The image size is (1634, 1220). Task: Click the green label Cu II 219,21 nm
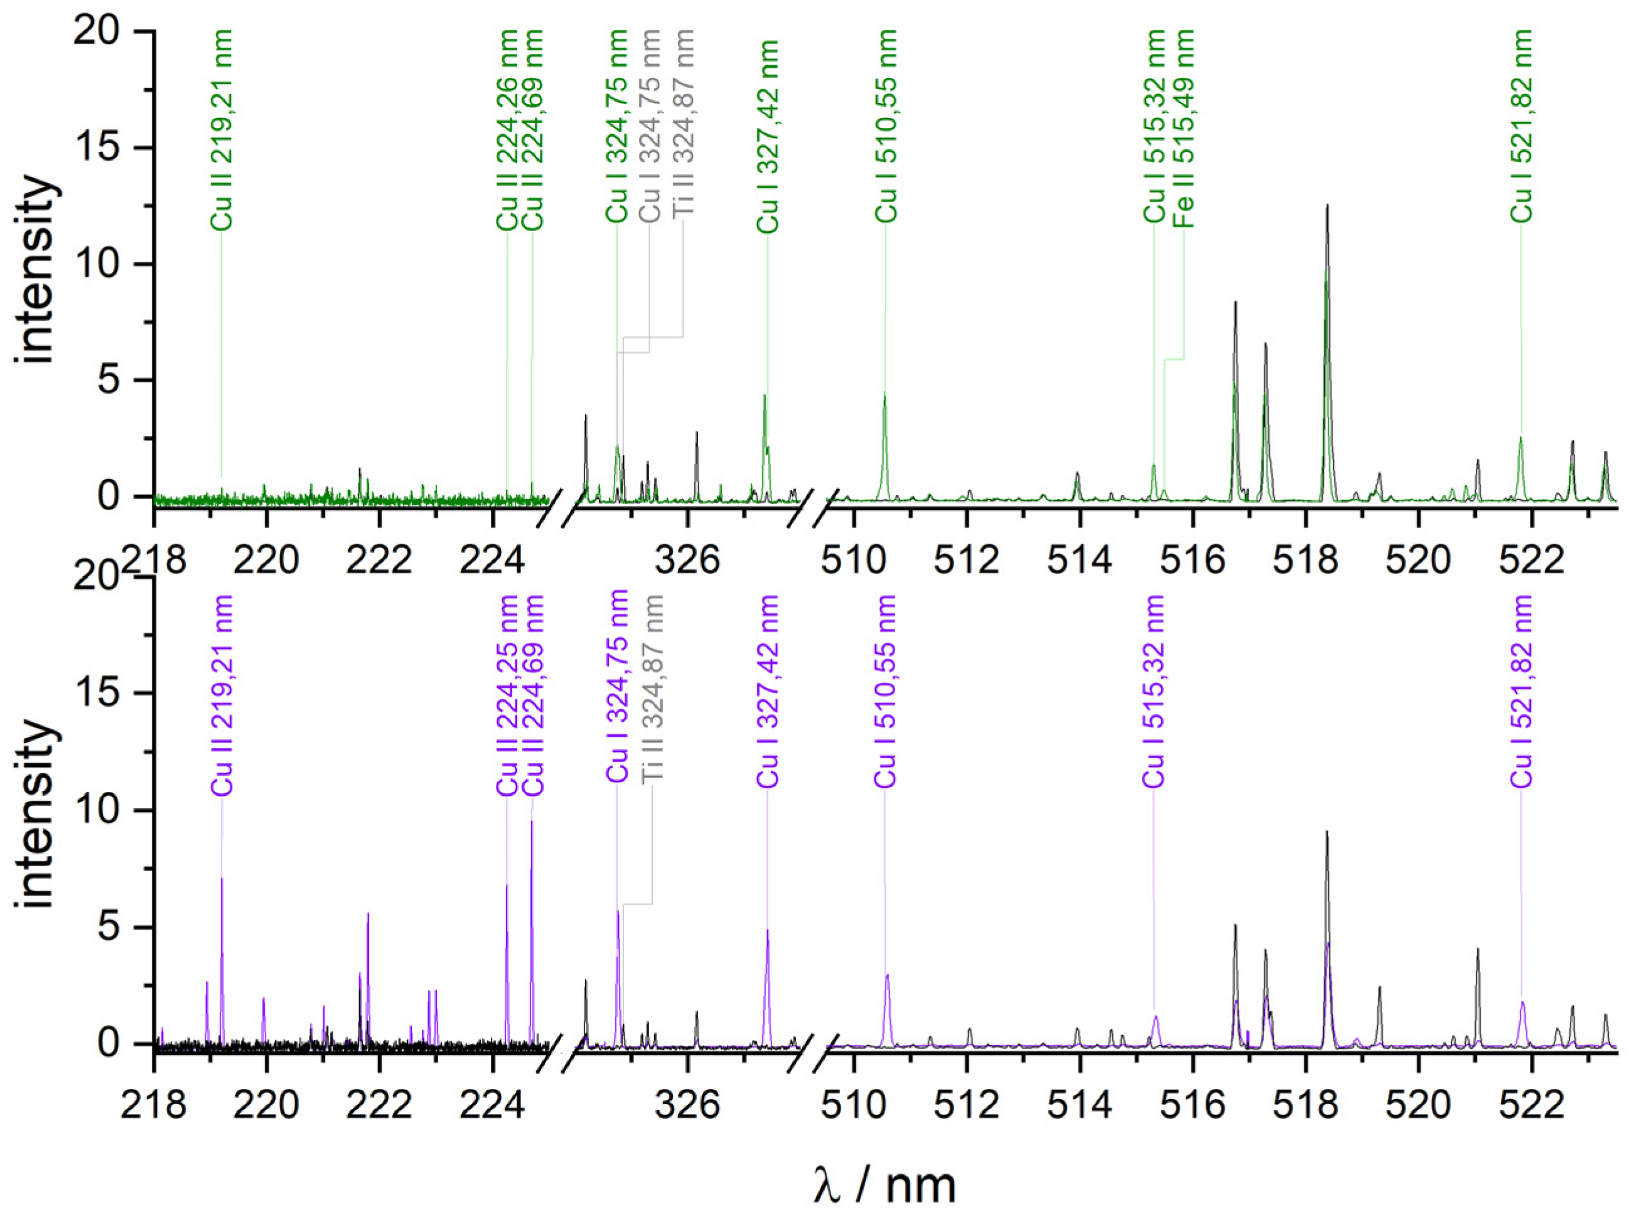(x=222, y=129)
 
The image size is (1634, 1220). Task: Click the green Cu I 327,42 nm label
(x=768, y=137)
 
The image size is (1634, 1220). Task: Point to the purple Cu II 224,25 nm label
(x=507, y=695)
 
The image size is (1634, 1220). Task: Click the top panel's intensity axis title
(x=37, y=270)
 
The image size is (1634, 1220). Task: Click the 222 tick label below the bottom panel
(x=379, y=1106)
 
